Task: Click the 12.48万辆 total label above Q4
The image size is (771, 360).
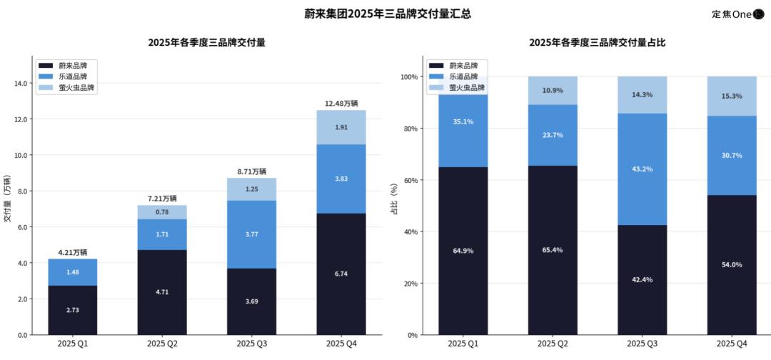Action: coord(341,104)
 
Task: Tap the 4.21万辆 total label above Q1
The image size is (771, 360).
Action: coord(73,252)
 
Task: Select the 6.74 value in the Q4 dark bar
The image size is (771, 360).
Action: coord(341,274)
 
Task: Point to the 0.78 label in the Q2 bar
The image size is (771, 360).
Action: coord(162,212)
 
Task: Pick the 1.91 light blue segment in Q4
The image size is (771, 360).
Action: coord(341,127)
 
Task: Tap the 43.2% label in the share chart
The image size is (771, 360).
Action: coord(642,169)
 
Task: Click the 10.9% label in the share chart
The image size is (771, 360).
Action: coord(553,91)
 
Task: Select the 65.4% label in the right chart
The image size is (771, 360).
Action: coord(553,250)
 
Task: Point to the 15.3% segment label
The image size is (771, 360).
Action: coord(732,96)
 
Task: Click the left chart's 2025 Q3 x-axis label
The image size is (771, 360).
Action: coord(252,344)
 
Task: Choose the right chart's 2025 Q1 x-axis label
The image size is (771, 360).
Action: coord(463,344)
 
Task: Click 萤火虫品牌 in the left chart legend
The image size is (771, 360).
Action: coord(76,88)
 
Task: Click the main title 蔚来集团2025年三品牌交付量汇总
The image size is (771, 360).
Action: coord(377,14)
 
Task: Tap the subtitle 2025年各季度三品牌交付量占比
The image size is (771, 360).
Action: coord(597,43)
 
